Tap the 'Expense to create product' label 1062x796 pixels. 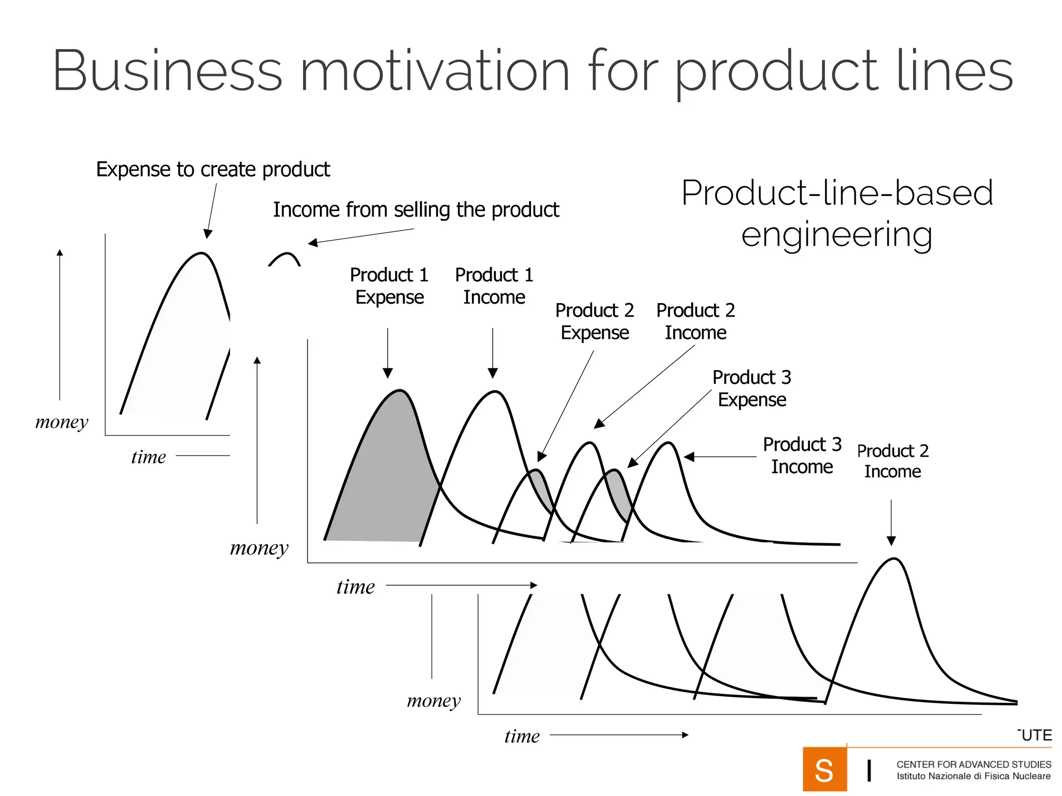pos(213,169)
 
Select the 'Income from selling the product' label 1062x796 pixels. pos(416,210)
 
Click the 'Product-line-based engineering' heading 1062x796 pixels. pos(837,213)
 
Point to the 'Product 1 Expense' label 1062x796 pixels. pos(389,286)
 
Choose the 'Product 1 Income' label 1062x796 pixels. pos(494,286)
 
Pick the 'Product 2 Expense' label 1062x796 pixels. pos(595,321)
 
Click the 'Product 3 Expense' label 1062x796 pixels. pos(751,388)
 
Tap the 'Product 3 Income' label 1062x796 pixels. pos(802,456)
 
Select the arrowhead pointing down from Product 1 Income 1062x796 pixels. pos(493,373)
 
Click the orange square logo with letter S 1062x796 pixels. pos(824,770)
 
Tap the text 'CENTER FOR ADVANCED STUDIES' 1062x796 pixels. pos(973,764)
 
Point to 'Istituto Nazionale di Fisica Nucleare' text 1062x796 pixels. pos(973,776)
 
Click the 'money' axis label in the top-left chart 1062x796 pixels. pos(62,422)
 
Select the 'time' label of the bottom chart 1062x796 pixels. pos(522,736)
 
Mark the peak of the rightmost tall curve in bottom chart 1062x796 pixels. pos(895,559)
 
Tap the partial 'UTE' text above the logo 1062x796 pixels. pos(1036,735)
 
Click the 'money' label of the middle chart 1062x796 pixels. pos(259,548)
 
